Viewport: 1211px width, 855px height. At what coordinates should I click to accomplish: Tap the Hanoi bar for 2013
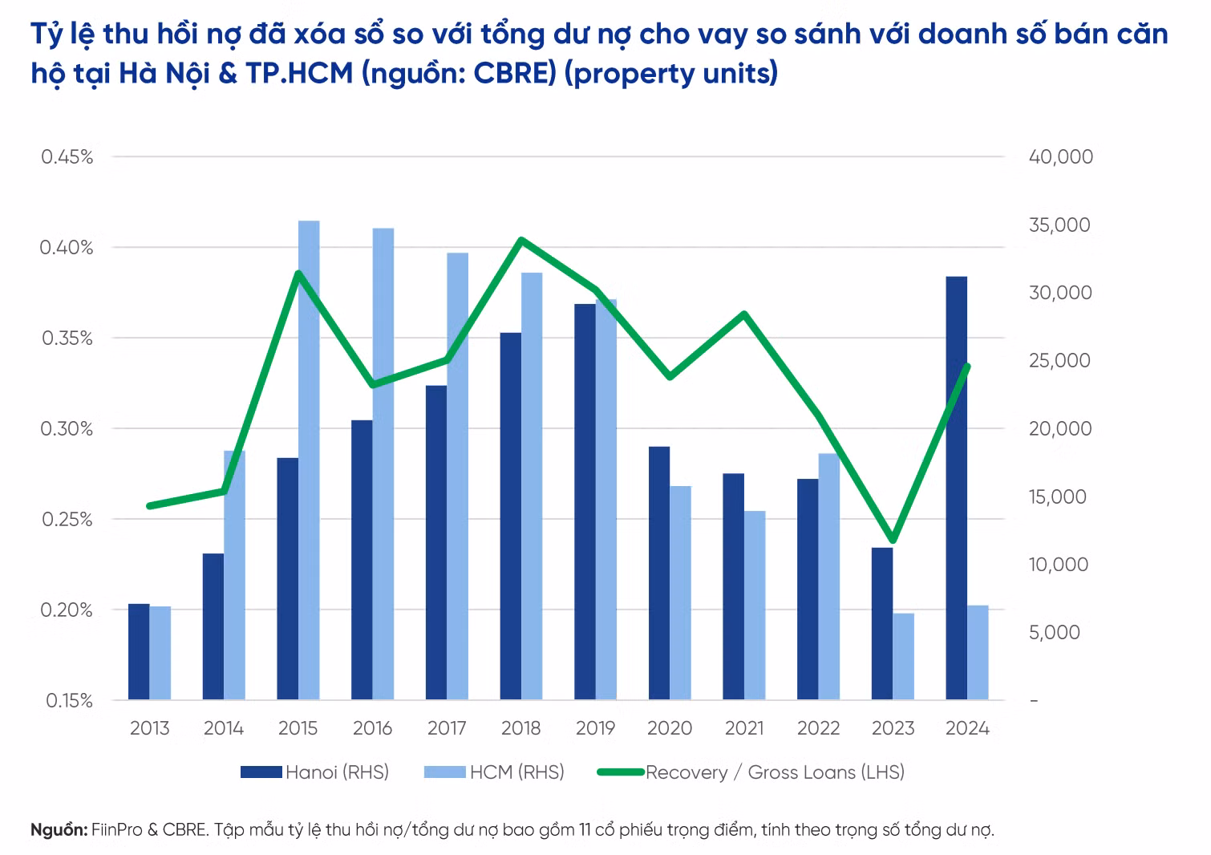(x=139, y=651)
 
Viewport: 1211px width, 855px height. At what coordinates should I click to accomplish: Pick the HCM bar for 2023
(x=903, y=656)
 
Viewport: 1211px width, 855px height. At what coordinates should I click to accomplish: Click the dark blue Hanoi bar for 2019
(x=585, y=501)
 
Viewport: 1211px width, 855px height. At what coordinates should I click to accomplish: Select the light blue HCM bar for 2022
(x=828, y=576)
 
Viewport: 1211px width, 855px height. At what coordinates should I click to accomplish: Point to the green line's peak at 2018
(x=521, y=240)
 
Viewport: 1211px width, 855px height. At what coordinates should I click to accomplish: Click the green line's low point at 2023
(x=893, y=540)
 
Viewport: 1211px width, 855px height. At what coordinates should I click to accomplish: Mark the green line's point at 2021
(x=744, y=314)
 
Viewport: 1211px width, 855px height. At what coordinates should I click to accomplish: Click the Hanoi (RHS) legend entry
(x=315, y=772)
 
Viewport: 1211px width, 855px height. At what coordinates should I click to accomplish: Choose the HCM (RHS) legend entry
(x=494, y=772)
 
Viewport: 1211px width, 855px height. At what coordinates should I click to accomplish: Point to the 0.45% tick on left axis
(x=67, y=156)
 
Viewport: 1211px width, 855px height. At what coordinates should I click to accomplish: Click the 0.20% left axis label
(x=67, y=610)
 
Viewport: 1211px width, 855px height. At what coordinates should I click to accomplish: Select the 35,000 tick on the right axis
(x=1060, y=225)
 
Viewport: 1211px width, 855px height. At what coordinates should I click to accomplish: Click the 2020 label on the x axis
(x=670, y=728)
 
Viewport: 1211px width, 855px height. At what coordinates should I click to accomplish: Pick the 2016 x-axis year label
(x=372, y=728)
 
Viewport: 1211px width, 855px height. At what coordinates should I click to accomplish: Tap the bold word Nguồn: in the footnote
(x=59, y=829)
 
